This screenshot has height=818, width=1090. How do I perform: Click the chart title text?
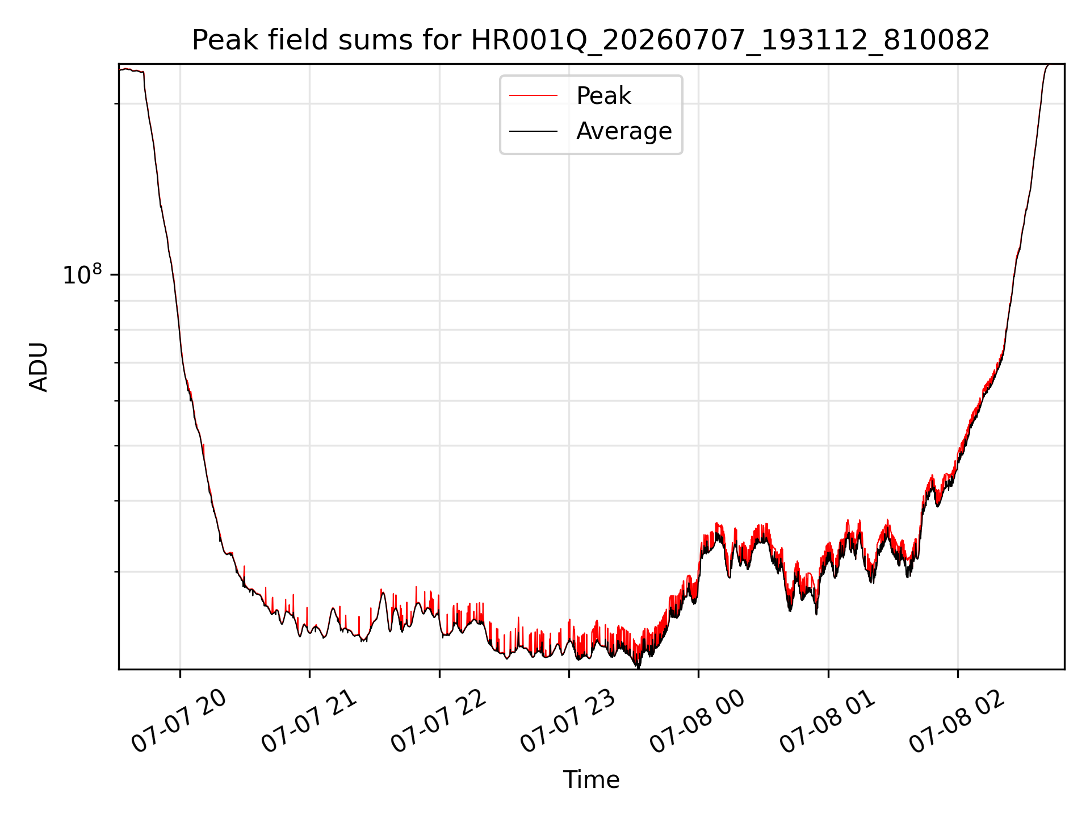pyautogui.click(x=591, y=40)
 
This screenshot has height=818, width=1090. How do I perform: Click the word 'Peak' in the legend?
pyautogui.click(x=603, y=96)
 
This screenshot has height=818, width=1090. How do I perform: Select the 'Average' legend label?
pyautogui.click(x=624, y=131)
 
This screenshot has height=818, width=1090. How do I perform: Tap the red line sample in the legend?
pyautogui.click(x=534, y=96)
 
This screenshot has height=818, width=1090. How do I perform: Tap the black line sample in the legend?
pyautogui.click(x=534, y=131)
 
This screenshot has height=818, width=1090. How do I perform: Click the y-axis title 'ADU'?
pyautogui.click(x=39, y=367)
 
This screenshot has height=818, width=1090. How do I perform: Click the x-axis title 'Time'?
pyautogui.click(x=591, y=780)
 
